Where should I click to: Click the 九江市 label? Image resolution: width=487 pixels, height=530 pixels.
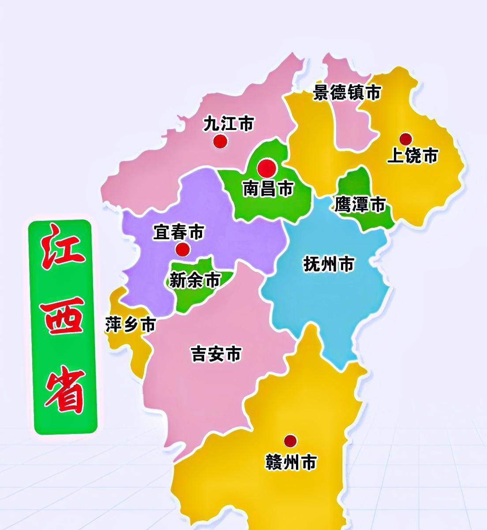[229, 124]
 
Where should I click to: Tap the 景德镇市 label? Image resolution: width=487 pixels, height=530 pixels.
[347, 93]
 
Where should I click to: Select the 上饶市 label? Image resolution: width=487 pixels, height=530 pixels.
[412, 156]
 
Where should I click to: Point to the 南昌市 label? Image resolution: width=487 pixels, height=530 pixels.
[268, 189]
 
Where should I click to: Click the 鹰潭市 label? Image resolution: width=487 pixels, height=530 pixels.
[360, 204]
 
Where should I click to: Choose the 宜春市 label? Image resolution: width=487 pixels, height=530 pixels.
[179, 232]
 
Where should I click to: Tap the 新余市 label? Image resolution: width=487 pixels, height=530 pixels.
[195, 280]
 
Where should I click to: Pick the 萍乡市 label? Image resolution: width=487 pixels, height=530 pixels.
[131, 325]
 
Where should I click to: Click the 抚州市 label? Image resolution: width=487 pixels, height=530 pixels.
[329, 264]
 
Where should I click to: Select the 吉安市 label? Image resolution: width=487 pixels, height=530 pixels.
[216, 354]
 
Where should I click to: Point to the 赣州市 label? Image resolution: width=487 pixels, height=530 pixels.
[291, 462]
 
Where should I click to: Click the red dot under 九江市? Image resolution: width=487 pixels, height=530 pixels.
[220, 141]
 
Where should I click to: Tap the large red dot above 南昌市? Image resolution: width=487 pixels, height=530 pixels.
[267, 168]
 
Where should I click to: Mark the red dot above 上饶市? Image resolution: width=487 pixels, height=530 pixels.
[405, 139]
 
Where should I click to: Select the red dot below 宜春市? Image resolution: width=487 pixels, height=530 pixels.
[183, 249]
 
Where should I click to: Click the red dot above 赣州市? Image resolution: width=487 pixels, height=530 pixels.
[290, 440]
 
